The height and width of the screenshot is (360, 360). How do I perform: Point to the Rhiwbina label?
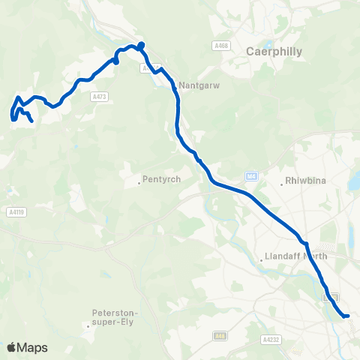tap(304, 181)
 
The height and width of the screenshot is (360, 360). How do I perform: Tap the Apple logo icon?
tap(12, 347)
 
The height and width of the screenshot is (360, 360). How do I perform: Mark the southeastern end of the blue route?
tap(347, 316)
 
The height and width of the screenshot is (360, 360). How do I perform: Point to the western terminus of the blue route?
tap(32, 121)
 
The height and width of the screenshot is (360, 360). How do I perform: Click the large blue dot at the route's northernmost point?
tap(141, 44)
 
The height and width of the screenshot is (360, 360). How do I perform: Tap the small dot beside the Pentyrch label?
tap(140, 181)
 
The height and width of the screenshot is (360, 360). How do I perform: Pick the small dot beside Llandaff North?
tap(260, 258)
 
